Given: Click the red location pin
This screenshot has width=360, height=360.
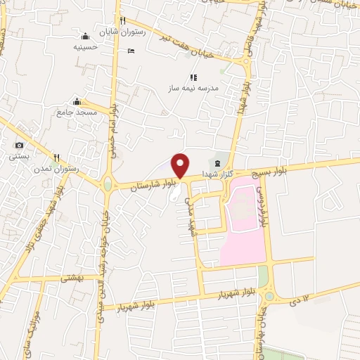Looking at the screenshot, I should tap(181, 165).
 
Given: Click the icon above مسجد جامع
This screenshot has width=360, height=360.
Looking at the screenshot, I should tap(77, 101).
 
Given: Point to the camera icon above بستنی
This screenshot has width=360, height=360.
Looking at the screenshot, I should tap(18, 145).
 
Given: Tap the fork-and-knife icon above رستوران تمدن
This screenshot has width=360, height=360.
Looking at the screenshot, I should tap(58, 157).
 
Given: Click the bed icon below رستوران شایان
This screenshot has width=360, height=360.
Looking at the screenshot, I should tap(131, 51).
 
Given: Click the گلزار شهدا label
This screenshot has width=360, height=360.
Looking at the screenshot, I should tap(215, 172).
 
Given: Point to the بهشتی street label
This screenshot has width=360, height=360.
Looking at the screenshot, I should tap(71, 278).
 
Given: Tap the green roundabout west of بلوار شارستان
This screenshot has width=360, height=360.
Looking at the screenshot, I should tap(108, 185).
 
